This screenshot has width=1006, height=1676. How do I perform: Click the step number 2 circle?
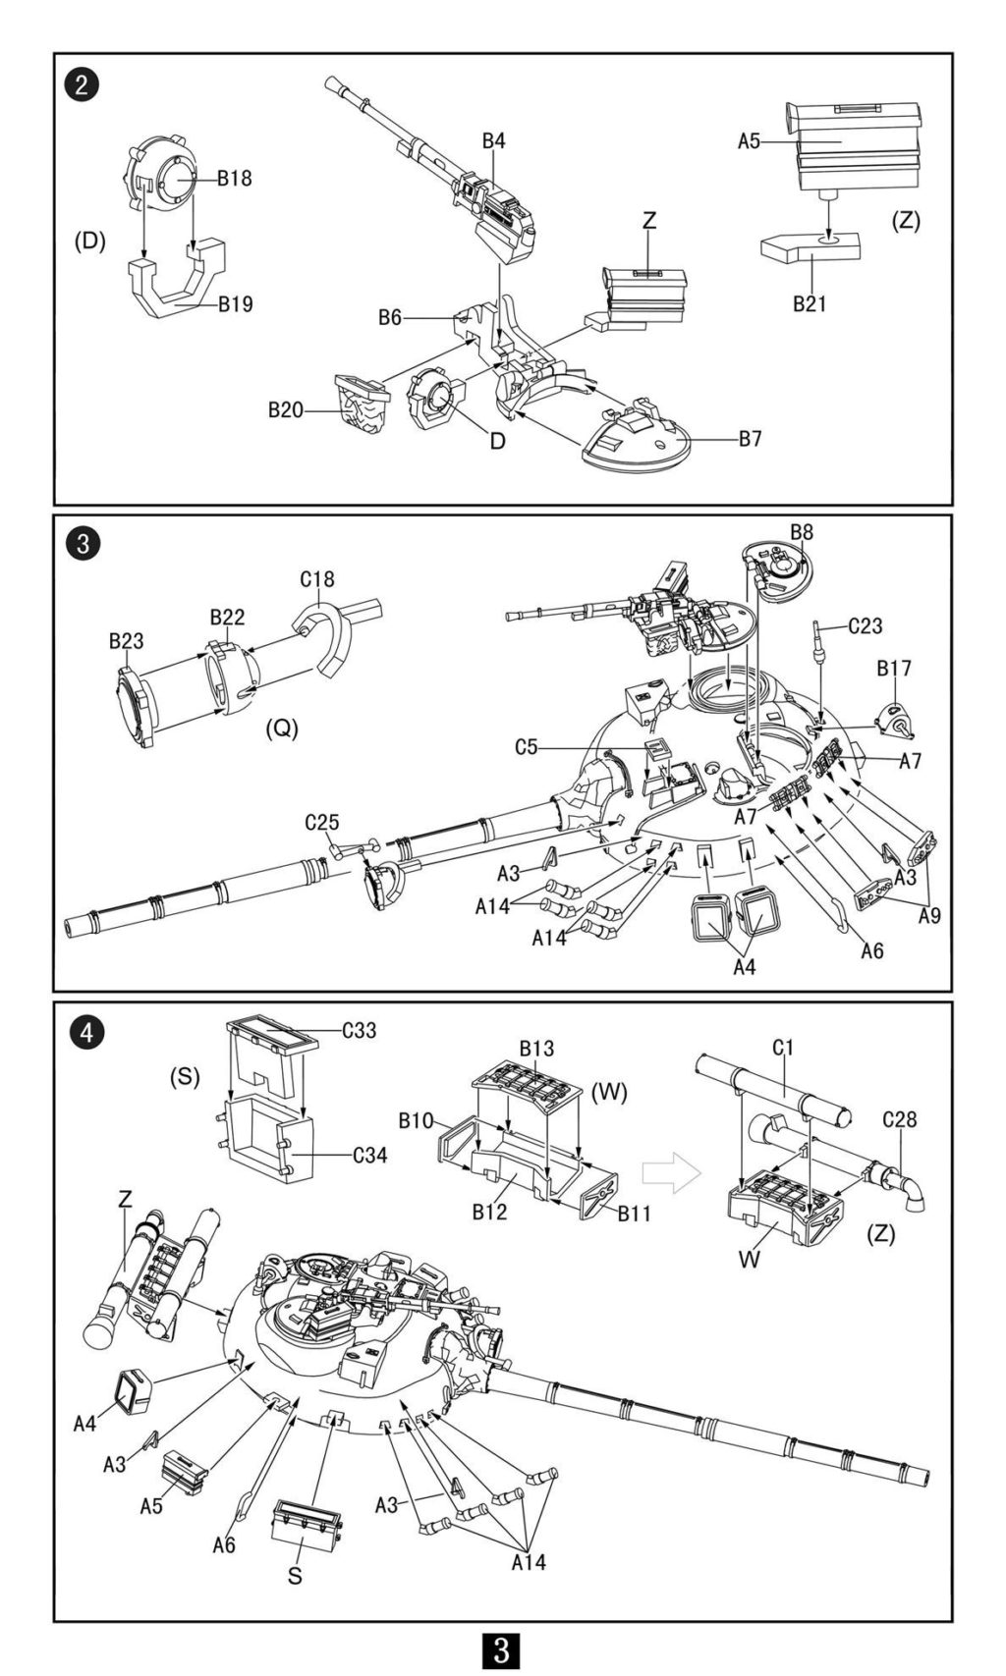pos(82,83)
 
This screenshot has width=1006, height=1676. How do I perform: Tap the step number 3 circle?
pos(83,544)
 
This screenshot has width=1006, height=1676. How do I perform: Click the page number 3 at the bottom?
pos(501,1649)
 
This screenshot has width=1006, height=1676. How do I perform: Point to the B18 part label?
pos(234,179)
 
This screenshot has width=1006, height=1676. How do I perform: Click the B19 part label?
pos(235,304)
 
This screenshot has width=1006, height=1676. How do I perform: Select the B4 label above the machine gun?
pos(493,140)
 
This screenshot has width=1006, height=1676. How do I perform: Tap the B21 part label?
pos(810,304)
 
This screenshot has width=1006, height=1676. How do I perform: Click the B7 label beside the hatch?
pos(750,439)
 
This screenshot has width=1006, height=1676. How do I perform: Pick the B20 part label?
pos(286,410)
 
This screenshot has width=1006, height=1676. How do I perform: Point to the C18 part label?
pos(317,579)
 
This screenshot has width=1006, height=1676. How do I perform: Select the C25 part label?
pos(322,822)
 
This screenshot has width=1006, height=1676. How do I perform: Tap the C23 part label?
pos(866,625)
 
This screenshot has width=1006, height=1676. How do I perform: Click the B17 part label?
pos(894,668)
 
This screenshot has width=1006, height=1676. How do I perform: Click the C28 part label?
pos(899,1120)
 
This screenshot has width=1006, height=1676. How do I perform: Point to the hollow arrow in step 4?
pos(671,1172)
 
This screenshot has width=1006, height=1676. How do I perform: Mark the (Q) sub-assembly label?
pos(282,730)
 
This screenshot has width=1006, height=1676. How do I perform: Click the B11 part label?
pos(634,1214)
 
